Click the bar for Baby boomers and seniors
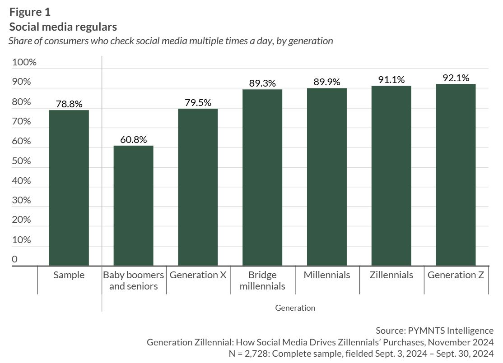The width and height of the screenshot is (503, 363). coord(133,206)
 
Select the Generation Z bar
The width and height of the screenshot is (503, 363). coord(456,175)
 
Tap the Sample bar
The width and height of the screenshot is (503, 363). coord(69,188)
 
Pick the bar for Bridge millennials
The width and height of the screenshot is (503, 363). coord(262,178)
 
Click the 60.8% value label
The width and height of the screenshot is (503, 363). coord(133,140)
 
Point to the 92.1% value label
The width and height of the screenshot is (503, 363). coord(456,78)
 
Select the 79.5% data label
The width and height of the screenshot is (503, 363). coord(198,103)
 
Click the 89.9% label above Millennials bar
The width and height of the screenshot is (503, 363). coord(326,82)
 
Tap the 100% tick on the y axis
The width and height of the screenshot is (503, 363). coord(24,62)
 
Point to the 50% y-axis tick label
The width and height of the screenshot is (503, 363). coord(22,161)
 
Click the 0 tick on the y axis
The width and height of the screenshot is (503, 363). coord(14,259)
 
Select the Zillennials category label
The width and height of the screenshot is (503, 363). coord(391,275)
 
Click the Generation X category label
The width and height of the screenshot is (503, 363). coord(198,275)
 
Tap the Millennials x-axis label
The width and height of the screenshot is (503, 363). coord(326,275)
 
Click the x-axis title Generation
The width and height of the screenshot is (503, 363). coord(295,308)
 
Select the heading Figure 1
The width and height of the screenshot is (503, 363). coord(30,12)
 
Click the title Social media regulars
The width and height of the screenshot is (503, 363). coord(63,27)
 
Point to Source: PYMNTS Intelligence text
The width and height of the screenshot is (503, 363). coord(434,331)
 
